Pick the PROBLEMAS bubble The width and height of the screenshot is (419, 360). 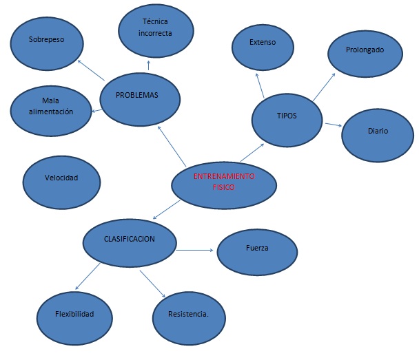tap(141, 97)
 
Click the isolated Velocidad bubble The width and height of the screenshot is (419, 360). tap(61, 178)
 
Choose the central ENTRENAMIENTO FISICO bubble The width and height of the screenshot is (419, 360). tap(224, 182)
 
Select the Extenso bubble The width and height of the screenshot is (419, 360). tap(263, 43)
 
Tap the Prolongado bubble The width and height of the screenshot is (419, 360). tap(365, 51)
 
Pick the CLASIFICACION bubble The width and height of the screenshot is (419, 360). tap(130, 240)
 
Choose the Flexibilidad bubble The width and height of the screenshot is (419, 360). tap(74, 315)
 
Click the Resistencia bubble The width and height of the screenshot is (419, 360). tap(188, 316)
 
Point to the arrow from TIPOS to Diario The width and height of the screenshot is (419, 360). tap(333, 125)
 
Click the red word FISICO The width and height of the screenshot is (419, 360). tap(224, 188)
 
